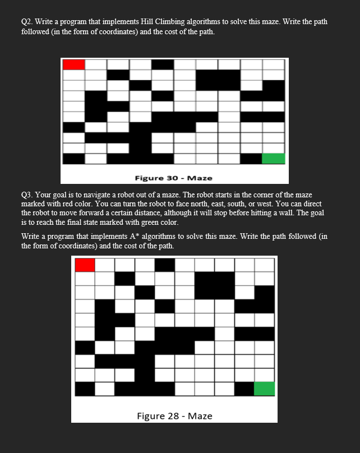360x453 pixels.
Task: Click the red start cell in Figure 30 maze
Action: point(74,64)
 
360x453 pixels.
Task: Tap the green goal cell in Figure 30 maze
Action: point(274,158)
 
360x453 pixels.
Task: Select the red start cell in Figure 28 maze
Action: point(85,264)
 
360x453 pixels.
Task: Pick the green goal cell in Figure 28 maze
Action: point(265,389)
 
